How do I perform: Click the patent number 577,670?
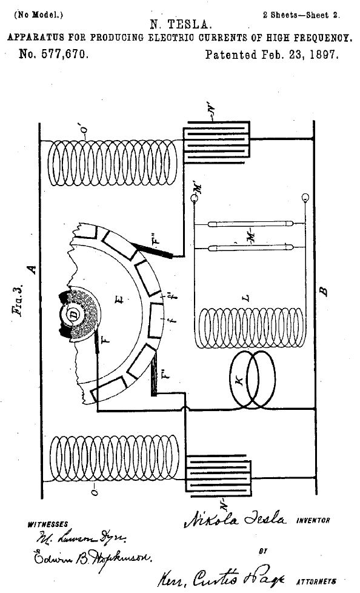(x=54, y=55)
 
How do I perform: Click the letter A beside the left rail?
(x=32, y=267)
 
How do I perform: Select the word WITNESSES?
(x=48, y=524)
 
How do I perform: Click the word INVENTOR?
(x=312, y=521)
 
